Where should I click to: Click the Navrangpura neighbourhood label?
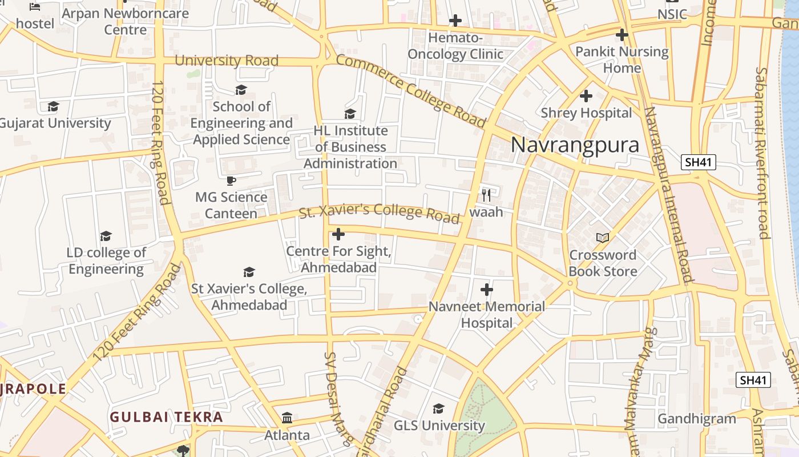(575, 145)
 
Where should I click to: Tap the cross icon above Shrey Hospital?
(586, 96)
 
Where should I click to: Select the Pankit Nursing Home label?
(622, 59)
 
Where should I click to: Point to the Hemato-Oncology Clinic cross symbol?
(455, 21)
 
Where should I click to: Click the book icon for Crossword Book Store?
(603, 238)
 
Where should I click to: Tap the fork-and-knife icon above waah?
(486, 195)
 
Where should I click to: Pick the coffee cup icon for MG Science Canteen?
(231, 181)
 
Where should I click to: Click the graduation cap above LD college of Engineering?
(106, 236)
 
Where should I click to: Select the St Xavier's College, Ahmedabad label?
(249, 297)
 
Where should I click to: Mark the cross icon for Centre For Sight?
(338, 234)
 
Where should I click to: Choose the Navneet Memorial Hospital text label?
(487, 314)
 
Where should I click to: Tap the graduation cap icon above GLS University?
(438, 408)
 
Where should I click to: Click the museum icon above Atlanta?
(287, 418)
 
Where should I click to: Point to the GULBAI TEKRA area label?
(166, 417)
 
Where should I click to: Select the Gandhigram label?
(697, 419)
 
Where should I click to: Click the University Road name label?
(227, 61)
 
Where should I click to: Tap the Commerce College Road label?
(410, 91)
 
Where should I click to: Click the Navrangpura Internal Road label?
(668, 194)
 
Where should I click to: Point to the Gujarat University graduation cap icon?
(53, 106)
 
